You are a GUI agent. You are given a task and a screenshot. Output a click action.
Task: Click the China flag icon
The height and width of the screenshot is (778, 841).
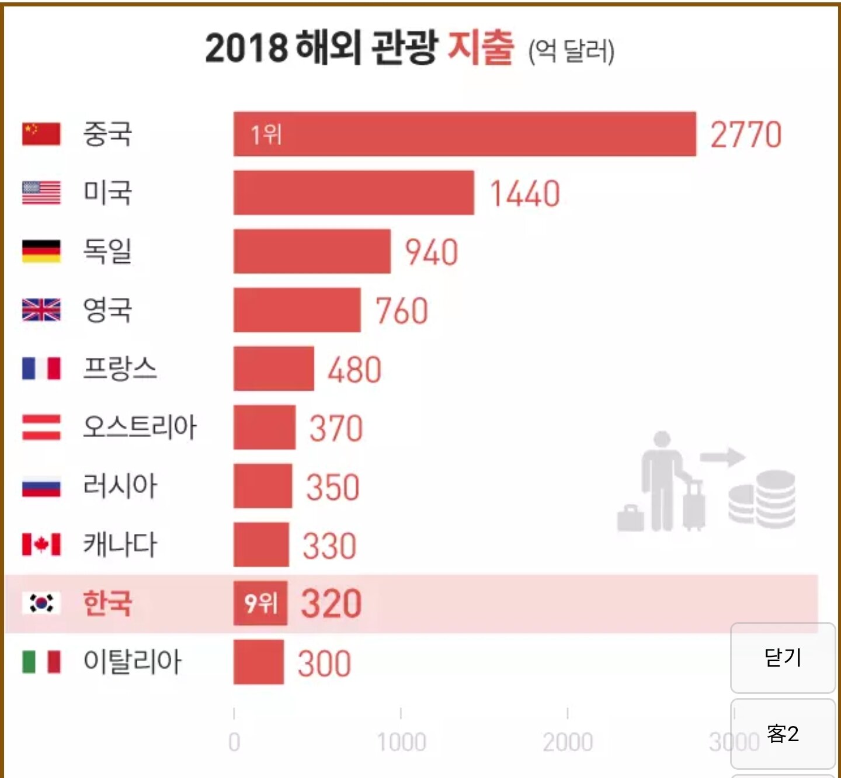(x=41, y=134)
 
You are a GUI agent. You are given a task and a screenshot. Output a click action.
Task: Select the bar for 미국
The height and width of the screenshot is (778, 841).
(x=353, y=193)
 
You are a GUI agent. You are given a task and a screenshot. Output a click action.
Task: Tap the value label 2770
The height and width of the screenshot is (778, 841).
(x=746, y=135)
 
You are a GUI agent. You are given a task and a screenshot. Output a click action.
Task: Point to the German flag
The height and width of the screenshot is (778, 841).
(x=41, y=251)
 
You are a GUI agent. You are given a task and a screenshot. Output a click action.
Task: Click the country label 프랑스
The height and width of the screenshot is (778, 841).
(x=120, y=369)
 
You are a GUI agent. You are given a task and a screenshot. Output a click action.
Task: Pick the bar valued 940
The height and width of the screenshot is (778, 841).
(x=312, y=251)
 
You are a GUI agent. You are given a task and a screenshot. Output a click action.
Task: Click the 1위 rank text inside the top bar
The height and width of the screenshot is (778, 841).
(x=266, y=135)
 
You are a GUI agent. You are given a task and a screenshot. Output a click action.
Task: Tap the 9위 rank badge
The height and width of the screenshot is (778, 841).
(x=260, y=603)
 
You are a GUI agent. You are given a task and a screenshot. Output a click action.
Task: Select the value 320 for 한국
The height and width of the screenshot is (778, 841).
(x=331, y=604)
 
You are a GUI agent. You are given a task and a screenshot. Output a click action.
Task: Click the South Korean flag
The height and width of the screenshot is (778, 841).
(x=41, y=603)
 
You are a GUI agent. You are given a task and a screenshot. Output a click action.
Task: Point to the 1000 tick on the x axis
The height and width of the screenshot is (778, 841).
(x=401, y=742)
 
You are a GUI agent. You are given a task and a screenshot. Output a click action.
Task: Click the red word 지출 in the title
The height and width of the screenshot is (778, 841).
(x=481, y=47)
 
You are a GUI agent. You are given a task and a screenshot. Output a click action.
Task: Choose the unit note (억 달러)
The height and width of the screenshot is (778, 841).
(x=571, y=51)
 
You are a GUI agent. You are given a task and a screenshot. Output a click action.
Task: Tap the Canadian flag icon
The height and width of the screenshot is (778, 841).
(x=41, y=544)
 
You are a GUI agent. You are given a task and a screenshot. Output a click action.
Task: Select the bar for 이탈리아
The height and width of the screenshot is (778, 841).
(x=259, y=662)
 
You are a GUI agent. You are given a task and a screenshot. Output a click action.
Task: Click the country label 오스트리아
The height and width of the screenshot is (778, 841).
(x=140, y=427)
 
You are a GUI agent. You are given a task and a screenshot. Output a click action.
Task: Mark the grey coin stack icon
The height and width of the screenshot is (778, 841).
(x=762, y=499)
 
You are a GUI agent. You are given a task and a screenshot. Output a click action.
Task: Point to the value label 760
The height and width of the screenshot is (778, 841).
(x=402, y=311)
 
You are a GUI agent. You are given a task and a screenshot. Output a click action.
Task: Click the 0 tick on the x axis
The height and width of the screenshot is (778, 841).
(x=234, y=742)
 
